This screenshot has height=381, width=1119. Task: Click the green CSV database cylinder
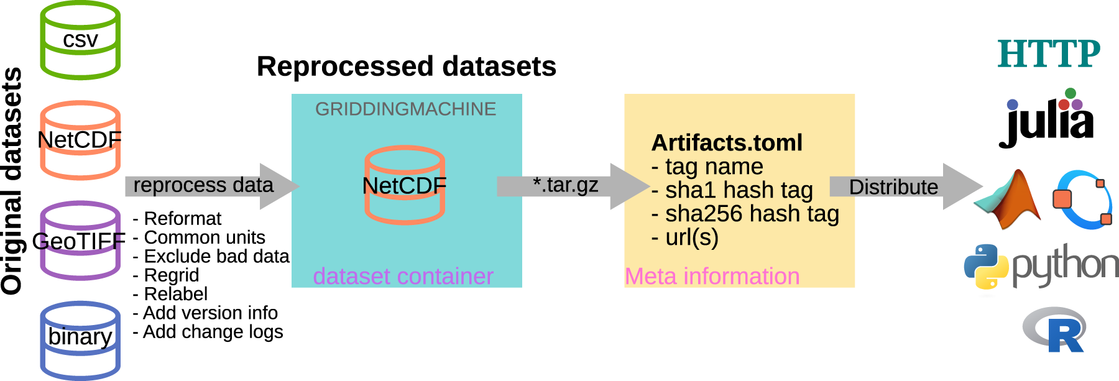pos(80,40)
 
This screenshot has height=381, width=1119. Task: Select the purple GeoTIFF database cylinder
pos(80,241)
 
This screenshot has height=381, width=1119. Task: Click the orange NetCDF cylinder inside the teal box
pos(405,185)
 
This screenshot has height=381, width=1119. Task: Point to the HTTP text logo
pos(1049,54)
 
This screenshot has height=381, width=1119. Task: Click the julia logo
pos(1046,119)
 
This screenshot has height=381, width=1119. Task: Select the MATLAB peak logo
pos(1008,200)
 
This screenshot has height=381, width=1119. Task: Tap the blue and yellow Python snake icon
pos(986,266)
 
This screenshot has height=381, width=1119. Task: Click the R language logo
pos(1056,330)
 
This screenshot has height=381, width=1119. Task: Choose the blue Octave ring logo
pos(1082,200)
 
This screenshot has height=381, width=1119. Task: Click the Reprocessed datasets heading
pos(406,67)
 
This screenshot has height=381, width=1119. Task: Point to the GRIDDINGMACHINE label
pos(405,109)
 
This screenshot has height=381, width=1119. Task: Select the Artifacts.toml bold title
pos(727,143)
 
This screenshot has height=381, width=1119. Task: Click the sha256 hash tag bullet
pos(745,214)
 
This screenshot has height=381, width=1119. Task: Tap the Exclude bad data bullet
pos(211,256)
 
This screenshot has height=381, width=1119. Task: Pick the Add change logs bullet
pos(208,332)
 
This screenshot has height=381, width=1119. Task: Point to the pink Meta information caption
pos(712,277)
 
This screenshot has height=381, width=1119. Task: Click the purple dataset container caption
pos(403,277)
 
